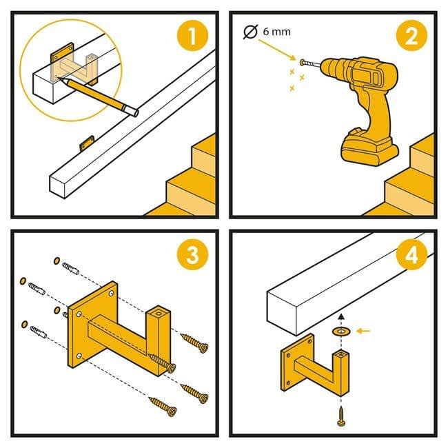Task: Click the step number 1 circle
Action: (192, 36)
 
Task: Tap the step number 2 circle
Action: (411, 36)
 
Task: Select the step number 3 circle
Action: (192, 254)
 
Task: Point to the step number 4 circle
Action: (411, 254)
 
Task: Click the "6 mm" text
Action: (276, 32)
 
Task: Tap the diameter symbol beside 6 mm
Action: (251, 32)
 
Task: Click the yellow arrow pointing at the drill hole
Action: (277, 50)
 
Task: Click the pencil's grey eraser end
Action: (134, 111)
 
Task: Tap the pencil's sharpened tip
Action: (59, 77)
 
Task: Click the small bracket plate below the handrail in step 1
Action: (87, 143)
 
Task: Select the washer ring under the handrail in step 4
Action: (341, 332)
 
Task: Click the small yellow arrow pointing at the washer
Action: (363, 331)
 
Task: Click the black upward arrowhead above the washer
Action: (341, 316)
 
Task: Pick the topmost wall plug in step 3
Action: (70, 268)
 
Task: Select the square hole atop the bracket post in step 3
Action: (158, 314)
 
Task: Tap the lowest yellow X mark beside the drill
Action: (292, 89)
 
